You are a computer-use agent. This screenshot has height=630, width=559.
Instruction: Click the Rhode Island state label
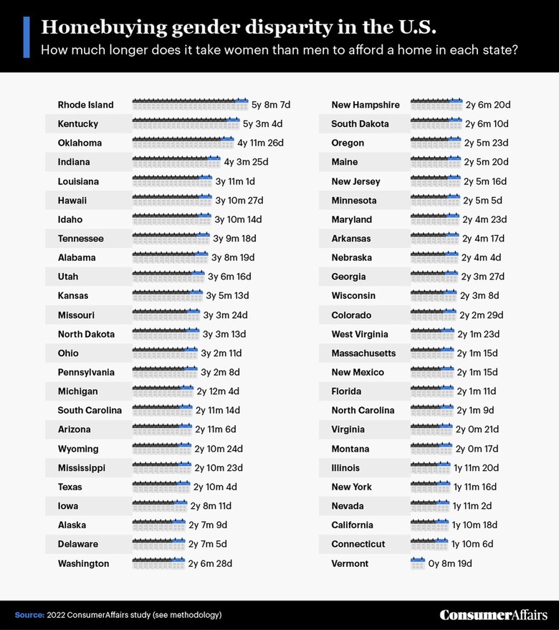[85, 105]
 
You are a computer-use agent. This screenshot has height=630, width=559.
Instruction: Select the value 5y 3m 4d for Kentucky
[263, 124]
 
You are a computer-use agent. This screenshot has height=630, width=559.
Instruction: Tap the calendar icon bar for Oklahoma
[183, 143]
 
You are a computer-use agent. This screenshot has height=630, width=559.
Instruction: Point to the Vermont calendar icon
[418, 563]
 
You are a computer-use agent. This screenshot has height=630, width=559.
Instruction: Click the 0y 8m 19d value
[450, 564]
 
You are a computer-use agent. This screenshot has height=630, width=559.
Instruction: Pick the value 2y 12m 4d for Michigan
[218, 391]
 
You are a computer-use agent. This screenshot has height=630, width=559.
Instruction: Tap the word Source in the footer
[28, 615]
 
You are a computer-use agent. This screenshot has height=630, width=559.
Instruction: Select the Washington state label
[83, 564]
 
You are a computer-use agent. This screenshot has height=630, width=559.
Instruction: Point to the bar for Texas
[161, 487]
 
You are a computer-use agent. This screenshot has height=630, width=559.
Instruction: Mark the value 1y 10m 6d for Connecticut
[472, 545]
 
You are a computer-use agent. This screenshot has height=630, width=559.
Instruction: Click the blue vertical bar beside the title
[27, 37]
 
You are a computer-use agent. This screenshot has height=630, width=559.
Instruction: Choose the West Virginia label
[360, 334]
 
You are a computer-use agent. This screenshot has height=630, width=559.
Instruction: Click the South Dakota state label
[360, 124]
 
